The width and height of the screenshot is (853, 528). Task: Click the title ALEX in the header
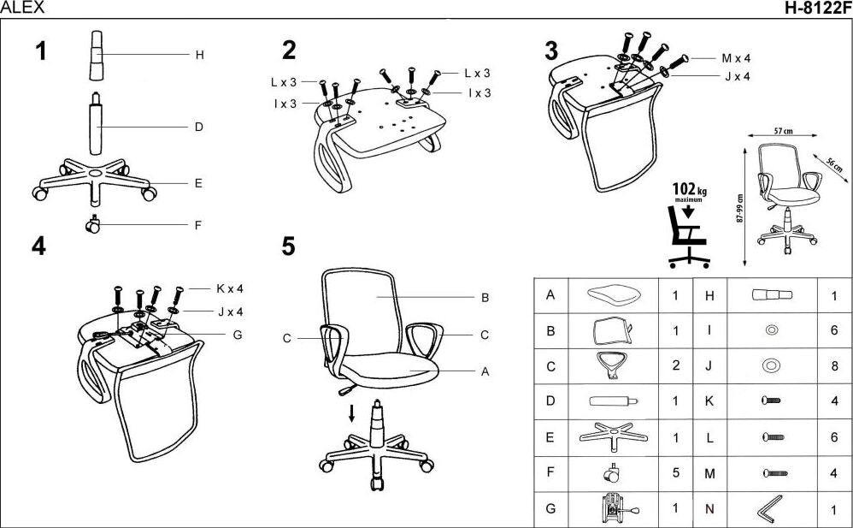[21, 9]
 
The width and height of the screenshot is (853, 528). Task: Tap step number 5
[288, 246]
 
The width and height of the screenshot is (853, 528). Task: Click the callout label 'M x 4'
[735, 59]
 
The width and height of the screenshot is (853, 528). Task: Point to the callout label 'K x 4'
[230, 288]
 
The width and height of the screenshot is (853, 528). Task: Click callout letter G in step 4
[237, 335]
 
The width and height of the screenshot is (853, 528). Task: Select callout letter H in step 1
[199, 55]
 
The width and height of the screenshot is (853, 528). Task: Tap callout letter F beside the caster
[198, 226]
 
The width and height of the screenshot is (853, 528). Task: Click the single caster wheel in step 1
[92, 226]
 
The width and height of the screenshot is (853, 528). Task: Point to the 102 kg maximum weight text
[688, 191]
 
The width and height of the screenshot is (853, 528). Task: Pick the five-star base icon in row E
[611, 437]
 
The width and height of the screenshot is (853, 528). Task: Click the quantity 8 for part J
[834, 366]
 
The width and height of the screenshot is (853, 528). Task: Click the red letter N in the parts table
[709, 509]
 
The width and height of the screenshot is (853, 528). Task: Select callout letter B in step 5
[485, 298]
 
